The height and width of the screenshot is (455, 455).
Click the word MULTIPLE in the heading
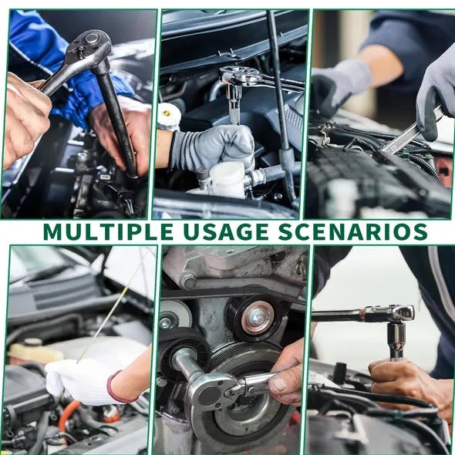(109, 231)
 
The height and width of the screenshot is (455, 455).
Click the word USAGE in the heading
(226, 231)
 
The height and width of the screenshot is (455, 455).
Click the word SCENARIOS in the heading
(353, 231)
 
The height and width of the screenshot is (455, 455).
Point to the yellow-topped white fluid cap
(169, 115)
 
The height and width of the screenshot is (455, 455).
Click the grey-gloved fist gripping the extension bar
(214, 148)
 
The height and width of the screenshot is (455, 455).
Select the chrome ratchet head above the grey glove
(234, 76)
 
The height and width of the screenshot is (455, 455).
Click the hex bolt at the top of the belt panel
(187, 280)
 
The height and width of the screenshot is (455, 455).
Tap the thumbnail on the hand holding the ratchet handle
(278, 385)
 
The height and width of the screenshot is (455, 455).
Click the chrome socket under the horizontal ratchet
(396, 340)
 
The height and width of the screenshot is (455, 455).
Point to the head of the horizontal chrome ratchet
(399, 313)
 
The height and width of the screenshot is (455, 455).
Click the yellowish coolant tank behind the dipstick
(35, 352)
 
